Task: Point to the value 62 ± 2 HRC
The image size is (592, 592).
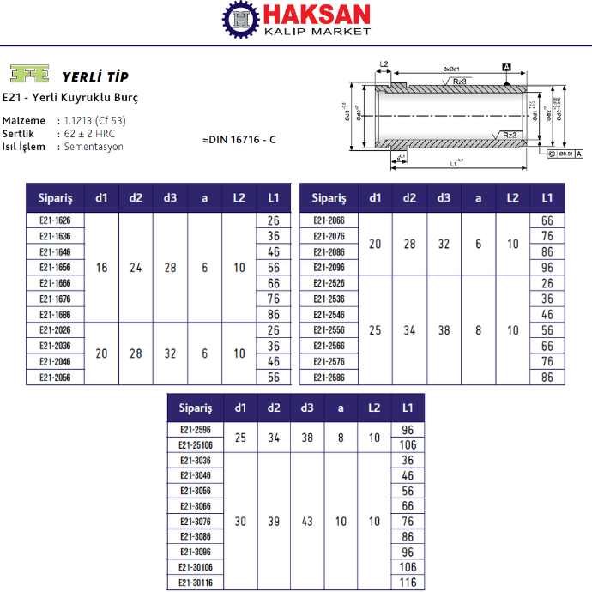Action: (89, 134)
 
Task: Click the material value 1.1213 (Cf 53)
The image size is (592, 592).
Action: (94, 121)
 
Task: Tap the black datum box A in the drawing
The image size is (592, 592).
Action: (507, 67)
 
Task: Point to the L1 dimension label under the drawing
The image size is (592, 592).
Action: (456, 162)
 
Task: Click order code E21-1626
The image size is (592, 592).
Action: (55, 221)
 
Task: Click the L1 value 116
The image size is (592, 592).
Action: (408, 583)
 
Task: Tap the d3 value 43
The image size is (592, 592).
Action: (306, 521)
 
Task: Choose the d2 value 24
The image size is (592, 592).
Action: (136, 268)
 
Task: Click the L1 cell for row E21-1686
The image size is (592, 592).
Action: (274, 314)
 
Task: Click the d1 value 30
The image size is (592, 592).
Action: (240, 521)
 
